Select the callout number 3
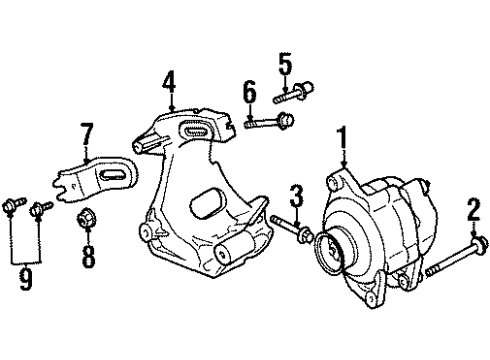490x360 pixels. tap(296, 193)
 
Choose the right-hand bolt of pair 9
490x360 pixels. tap(42, 208)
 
